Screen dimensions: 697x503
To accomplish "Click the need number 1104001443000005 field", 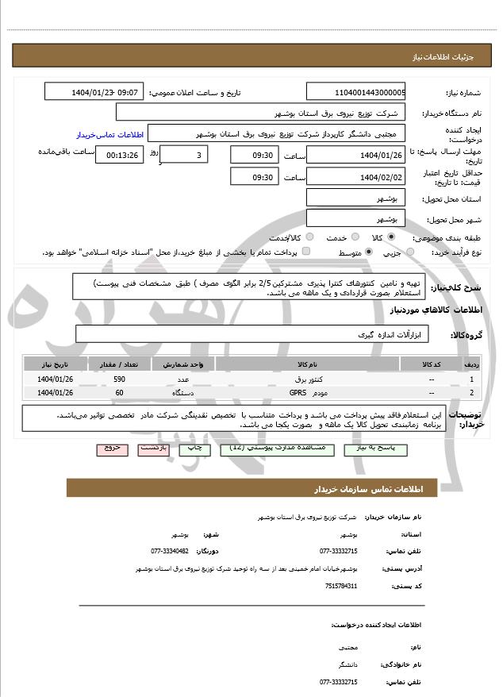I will click(355, 92).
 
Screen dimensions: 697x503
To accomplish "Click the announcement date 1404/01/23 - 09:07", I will click(95, 92).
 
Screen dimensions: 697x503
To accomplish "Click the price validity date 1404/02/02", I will click(355, 177).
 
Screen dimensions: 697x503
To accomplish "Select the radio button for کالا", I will click(390, 237).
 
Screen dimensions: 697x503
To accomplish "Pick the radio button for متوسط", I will click(368, 252).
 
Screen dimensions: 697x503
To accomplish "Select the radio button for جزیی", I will click(410, 252).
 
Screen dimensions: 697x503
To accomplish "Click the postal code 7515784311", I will click(341, 586).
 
